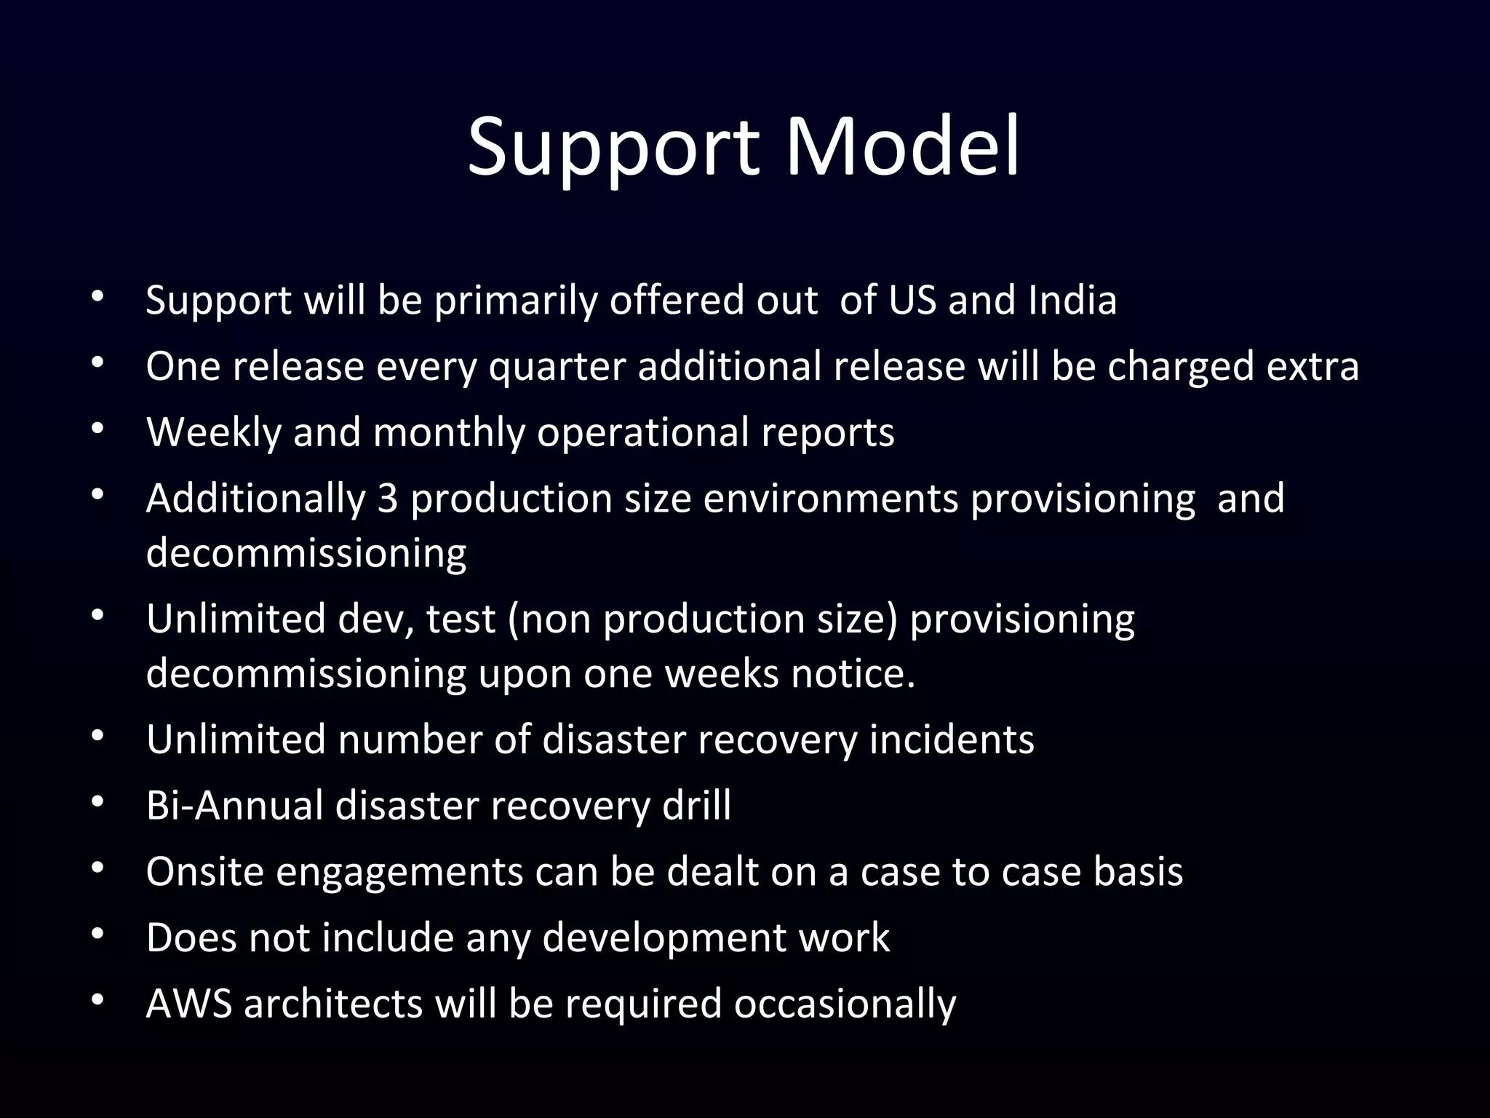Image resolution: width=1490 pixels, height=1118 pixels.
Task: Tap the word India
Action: click(x=1072, y=300)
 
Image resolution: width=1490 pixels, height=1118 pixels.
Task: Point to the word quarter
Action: click(x=557, y=367)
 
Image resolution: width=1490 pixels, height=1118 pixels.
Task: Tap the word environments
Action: click(x=831, y=499)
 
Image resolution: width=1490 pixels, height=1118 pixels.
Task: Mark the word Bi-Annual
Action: click(x=234, y=806)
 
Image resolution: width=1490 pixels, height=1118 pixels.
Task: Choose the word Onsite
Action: click(x=204, y=872)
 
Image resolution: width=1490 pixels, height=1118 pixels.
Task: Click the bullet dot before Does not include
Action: click(x=98, y=934)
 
